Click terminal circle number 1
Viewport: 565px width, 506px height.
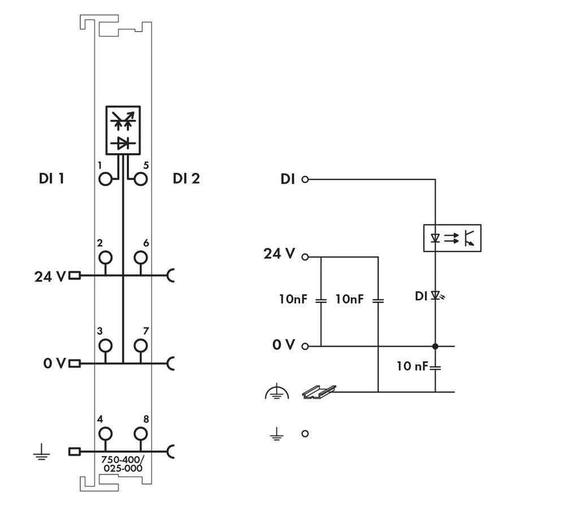tap(105, 179)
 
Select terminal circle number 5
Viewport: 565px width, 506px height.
tap(140, 179)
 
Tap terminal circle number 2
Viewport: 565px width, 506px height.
tap(105, 258)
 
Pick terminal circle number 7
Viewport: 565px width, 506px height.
tap(140, 345)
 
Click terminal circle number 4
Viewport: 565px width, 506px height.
tap(105, 434)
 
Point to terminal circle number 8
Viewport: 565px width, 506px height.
tap(140, 434)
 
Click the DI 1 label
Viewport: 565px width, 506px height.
tap(51, 179)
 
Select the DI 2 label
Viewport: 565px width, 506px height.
tap(186, 179)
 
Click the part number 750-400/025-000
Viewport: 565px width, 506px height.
tap(122, 464)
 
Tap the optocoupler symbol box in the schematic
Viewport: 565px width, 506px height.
tap(452, 238)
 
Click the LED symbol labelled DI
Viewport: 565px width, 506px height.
tap(436, 295)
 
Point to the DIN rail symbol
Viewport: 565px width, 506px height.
tap(319, 392)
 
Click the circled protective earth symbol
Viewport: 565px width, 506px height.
tap(276, 392)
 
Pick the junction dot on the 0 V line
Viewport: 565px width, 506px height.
tap(436, 346)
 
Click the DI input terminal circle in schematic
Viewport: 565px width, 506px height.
tap(305, 180)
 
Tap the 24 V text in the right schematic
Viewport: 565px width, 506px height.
tap(279, 254)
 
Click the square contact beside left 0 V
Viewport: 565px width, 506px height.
tap(74, 363)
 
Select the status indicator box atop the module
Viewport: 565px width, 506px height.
tap(123, 131)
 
